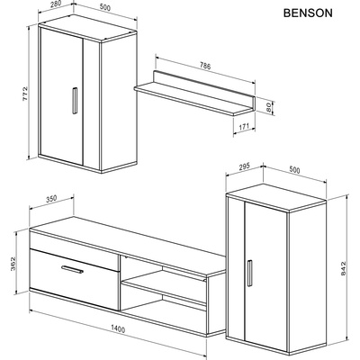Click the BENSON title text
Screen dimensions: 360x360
[308, 15]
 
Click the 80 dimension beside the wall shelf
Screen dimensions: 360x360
[268, 106]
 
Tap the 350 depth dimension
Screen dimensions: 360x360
[50, 200]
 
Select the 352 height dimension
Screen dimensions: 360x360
[13, 264]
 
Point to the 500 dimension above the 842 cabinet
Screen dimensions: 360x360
[293, 167]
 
